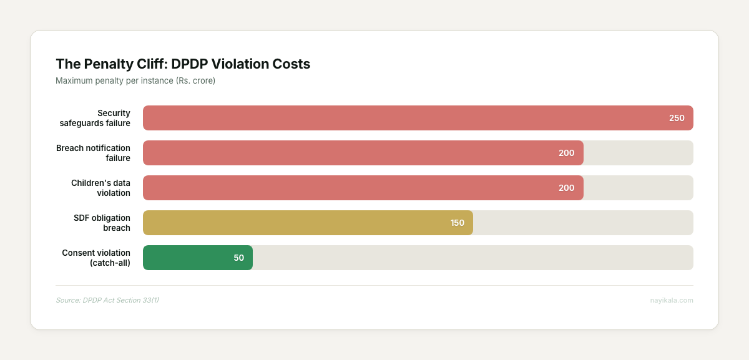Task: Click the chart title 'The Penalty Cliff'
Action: point(183,64)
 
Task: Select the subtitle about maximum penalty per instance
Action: point(135,81)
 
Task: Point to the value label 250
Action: point(677,118)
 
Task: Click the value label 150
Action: point(458,223)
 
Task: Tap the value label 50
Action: point(239,258)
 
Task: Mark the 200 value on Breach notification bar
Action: point(566,153)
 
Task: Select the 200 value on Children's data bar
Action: point(566,188)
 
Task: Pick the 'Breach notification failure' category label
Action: point(93,153)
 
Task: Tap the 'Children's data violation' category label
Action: point(100,188)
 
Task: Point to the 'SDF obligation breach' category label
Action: point(102,223)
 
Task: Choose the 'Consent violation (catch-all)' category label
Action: point(96,258)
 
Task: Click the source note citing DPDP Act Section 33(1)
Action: point(107,300)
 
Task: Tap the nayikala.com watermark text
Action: point(671,300)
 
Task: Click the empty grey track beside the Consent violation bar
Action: point(472,258)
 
